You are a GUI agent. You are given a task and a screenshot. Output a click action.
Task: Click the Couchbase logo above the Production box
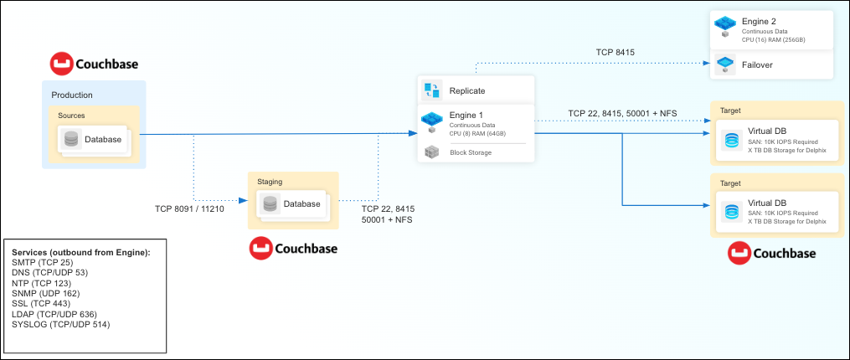pyautogui.click(x=94, y=64)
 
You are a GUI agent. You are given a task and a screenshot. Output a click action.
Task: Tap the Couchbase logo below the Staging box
pyautogui.click(x=292, y=248)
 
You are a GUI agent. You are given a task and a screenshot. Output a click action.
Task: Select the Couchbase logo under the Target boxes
pyautogui.click(x=771, y=252)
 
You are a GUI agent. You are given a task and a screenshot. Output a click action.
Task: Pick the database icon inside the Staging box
pyautogui.click(x=270, y=203)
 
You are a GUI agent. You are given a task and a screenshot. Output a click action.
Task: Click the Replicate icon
pyautogui.click(x=431, y=90)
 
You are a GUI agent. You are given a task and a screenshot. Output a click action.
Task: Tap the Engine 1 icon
pyautogui.click(x=431, y=121)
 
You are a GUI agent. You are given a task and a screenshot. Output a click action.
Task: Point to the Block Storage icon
pyautogui.click(x=431, y=152)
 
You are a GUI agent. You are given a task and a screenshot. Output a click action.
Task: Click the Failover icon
pyautogui.click(x=724, y=64)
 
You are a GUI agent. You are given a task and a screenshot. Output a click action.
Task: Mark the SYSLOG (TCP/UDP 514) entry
pyautogui.click(x=62, y=323)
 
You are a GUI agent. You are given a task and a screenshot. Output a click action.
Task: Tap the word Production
pyautogui.click(x=72, y=95)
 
